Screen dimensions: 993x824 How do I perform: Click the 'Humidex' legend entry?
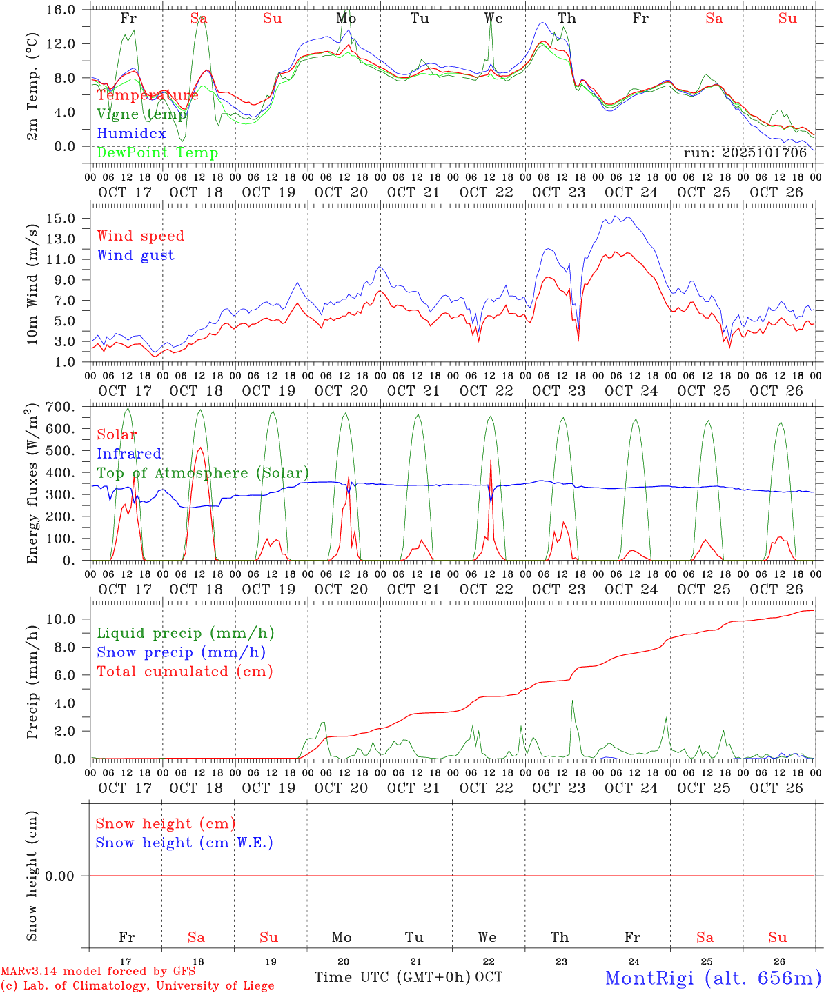(x=131, y=134)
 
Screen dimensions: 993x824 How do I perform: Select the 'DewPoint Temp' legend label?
(x=157, y=153)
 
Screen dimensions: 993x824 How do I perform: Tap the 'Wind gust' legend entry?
(x=135, y=255)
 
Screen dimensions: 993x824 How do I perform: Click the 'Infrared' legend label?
(x=129, y=454)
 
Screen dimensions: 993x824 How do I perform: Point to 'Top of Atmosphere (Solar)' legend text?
(x=203, y=473)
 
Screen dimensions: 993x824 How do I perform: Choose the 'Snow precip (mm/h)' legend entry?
(x=181, y=652)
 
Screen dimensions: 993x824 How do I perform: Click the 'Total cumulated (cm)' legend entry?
(x=184, y=672)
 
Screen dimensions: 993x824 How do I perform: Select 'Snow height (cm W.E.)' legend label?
(x=184, y=843)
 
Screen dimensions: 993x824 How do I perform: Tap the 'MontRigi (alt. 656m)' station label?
(x=713, y=978)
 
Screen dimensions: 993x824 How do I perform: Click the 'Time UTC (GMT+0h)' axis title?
(x=392, y=977)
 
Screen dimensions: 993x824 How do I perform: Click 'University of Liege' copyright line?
(x=137, y=986)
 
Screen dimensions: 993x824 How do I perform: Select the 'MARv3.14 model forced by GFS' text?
(x=98, y=972)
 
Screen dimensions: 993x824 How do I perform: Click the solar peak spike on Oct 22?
(x=490, y=461)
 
